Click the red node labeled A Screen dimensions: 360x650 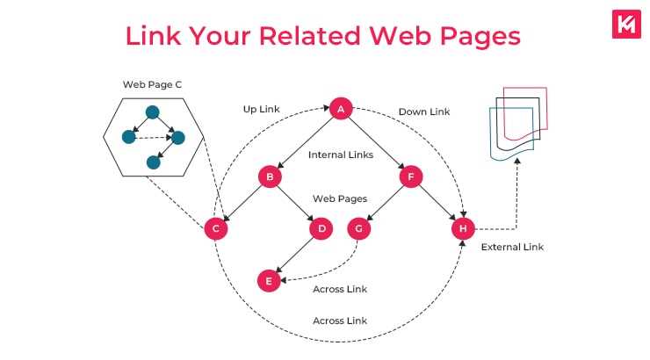[340, 109]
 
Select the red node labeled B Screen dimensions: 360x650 [269, 176]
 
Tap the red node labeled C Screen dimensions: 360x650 [215, 228]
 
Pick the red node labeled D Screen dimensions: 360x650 [321, 228]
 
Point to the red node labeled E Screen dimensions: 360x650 [269, 281]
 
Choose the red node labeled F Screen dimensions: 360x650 [409, 176]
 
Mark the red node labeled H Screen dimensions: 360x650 [462, 228]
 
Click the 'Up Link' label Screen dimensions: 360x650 [261, 110]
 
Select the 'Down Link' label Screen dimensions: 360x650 [424, 112]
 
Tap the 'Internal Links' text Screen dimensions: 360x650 [341, 155]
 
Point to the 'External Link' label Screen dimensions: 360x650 [512, 247]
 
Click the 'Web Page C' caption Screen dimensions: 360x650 [153, 84]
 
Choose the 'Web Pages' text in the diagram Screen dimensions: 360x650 [340, 198]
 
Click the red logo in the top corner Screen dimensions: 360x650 [625, 24]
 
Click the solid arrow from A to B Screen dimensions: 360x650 [303, 143]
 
